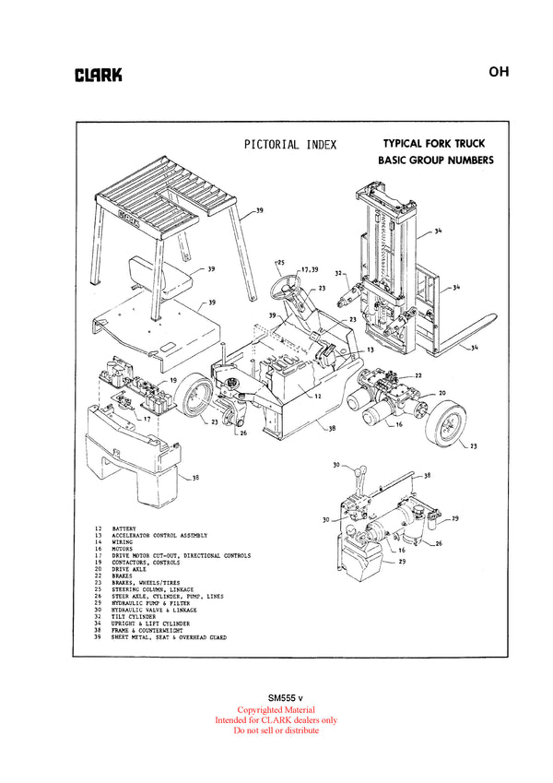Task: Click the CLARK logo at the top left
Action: (x=98, y=76)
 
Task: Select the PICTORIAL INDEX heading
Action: (x=290, y=144)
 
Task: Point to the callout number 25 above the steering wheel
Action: (x=280, y=262)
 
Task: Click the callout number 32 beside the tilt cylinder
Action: (x=339, y=273)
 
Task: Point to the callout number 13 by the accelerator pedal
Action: (x=369, y=351)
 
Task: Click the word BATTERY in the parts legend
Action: (x=125, y=529)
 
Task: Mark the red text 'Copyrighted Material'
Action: (x=276, y=710)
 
